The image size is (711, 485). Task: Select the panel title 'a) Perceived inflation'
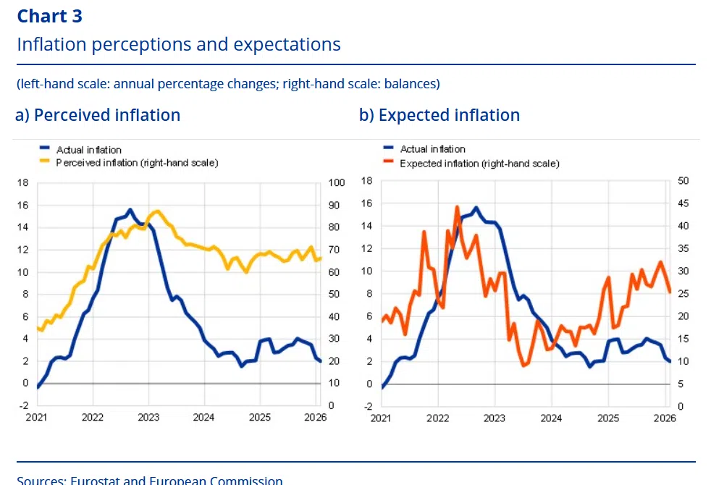coord(98,114)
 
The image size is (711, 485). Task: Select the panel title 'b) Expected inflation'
coord(439,114)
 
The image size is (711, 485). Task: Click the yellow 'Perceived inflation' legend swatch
coord(45,163)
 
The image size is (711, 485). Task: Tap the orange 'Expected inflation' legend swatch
coord(390,163)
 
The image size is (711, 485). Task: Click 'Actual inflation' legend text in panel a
coord(89,150)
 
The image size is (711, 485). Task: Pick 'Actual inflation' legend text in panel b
coord(433,150)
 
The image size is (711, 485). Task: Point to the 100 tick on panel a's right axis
coord(335,183)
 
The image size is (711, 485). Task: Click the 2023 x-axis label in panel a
coord(148,418)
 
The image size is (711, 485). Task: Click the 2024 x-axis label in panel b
coord(551,418)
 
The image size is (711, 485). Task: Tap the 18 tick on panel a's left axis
coord(24,183)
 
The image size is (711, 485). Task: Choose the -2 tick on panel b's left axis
coord(367,406)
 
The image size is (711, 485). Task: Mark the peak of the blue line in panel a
coord(130,210)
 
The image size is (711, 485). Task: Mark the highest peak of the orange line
coord(457,207)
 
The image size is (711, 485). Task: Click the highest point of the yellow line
coord(157,211)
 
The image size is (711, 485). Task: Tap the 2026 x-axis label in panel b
coord(665,418)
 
